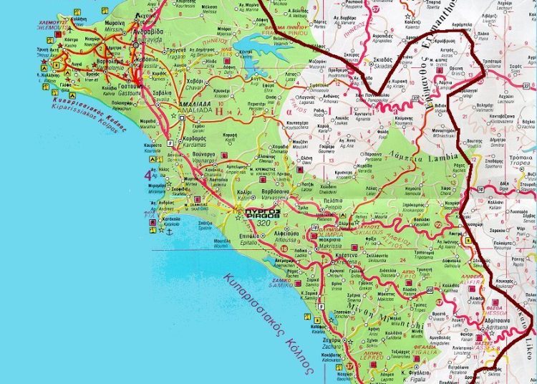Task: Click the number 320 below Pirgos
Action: click(x=261, y=222)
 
